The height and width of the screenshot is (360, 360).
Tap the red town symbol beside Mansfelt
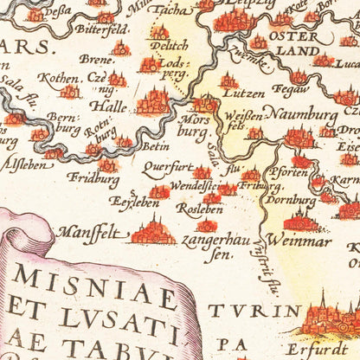tap(152, 231)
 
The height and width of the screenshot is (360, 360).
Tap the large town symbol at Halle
tap(154, 100)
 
